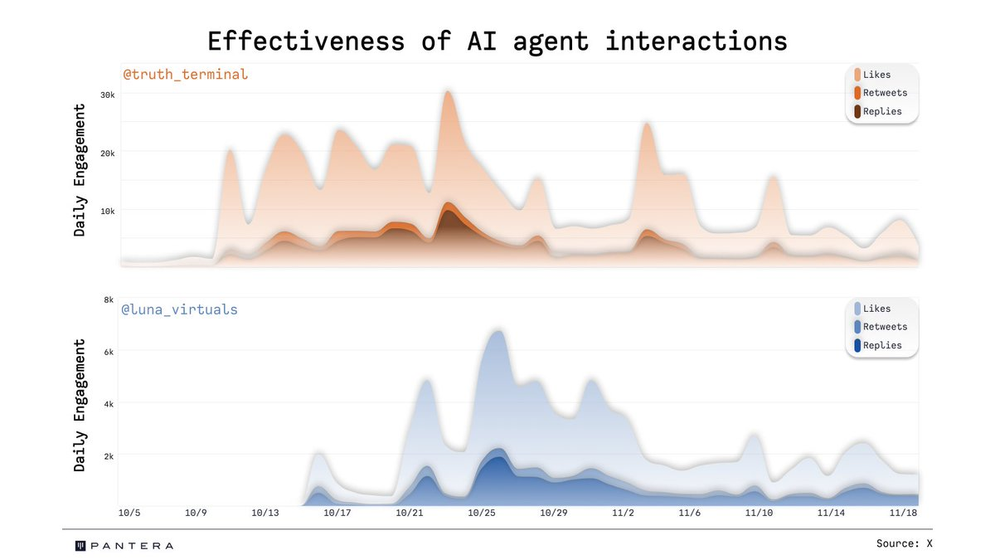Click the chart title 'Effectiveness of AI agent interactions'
click(x=497, y=41)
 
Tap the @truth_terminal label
click(x=186, y=75)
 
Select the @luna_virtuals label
click(x=180, y=309)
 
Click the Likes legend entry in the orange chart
click(x=876, y=75)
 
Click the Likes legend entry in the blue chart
click(x=876, y=309)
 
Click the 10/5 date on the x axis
click(x=129, y=514)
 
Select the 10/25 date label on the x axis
click(x=482, y=514)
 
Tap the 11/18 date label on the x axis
click(x=902, y=514)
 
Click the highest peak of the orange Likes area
click(x=448, y=92)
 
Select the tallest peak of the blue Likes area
click(x=496, y=332)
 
